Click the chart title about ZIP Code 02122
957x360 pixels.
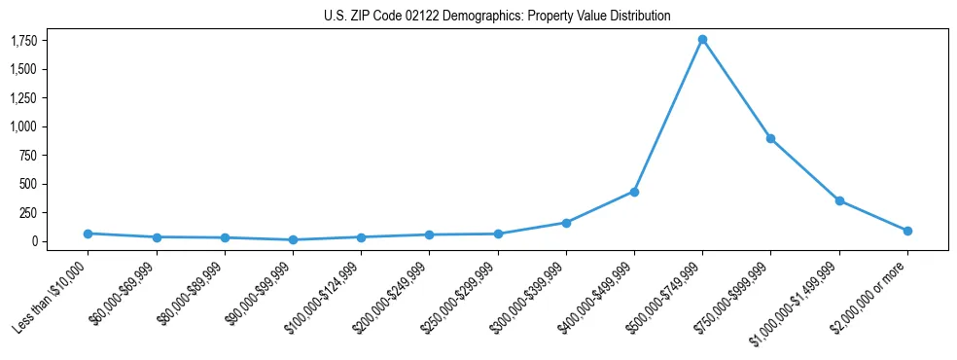(x=497, y=17)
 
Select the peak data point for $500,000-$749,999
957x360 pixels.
(x=702, y=40)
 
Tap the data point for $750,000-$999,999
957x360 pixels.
(x=770, y=138)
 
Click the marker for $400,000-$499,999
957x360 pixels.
(x=634, y=192)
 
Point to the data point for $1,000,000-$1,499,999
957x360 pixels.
(x=839, y=200)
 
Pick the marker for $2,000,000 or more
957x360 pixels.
(x=907, y=231)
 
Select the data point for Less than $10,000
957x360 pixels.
(x=88, y=234)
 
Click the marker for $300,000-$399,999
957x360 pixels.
(x=566, y=223)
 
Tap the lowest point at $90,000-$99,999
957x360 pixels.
(x=293, y=239)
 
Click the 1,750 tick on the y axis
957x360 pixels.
(x=24, y=41)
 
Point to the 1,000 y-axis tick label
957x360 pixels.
(x=24, y=126)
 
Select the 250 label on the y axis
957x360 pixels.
(x=29, y=212)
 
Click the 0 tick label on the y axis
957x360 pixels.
(x=34, y=241)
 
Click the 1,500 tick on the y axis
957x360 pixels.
(x=24, y=69)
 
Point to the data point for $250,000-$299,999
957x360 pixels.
(x=498, y=234)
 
